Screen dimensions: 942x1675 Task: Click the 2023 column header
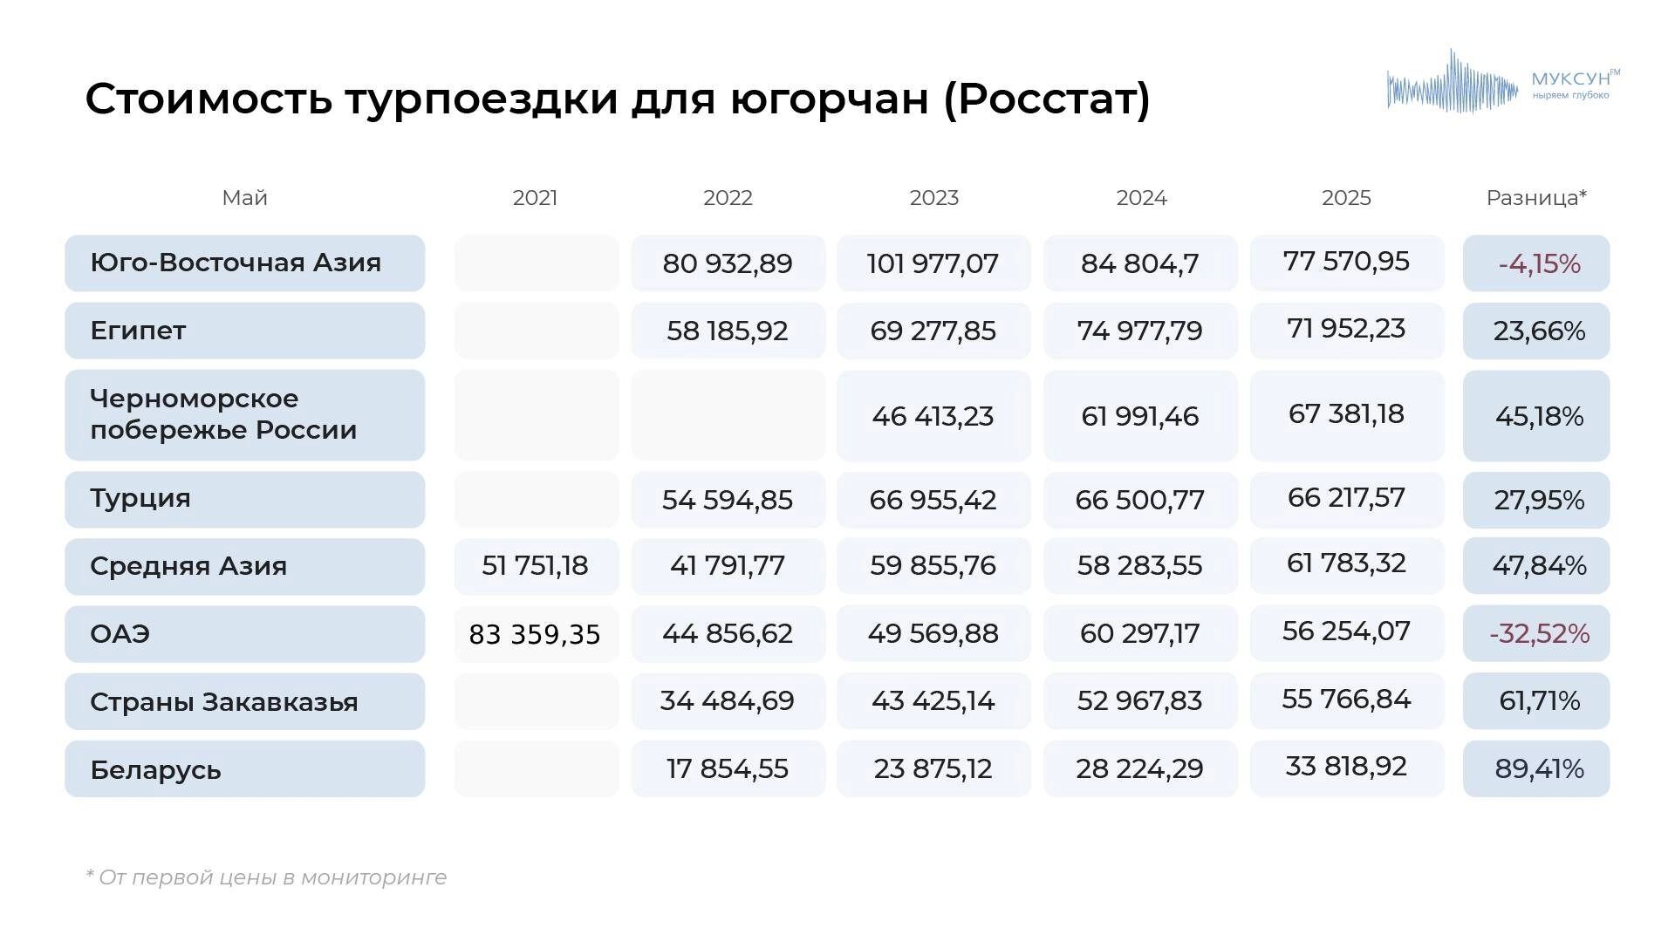[x=933, y=198]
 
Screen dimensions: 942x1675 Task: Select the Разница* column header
[x=1535, y=198]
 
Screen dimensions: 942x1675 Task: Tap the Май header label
[x=244, y=198]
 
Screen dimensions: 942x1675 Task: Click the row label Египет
[x=138, y=331]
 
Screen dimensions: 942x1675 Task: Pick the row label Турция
[x=140, y=499]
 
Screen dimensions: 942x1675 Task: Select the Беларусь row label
[x=155, y=769]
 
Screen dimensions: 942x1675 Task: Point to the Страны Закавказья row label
[x=223, y=701]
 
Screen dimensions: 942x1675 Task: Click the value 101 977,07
[x=933, y=263]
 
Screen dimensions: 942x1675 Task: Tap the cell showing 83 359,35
[x=535, y=634]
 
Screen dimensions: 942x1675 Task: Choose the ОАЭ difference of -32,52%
[x=1539, y=633]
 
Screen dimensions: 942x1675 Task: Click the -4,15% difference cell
[x=1539, y=263]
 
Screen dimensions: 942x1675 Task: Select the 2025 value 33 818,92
[x=1346, y=767]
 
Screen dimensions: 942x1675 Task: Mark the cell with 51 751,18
[x=535, y=565]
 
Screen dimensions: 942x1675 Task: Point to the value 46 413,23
[x=933, y=416]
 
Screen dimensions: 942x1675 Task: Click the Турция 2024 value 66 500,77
[x=1139, y=500]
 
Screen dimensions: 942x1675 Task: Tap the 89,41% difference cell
[x=1539, y=768]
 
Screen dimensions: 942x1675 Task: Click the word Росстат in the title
[x=1047, y=99]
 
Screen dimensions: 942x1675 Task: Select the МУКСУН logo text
[x=1570, y=79]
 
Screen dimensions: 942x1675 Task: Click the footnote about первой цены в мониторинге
[x=267, y=877]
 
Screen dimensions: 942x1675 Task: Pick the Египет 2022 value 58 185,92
[x=727, y=331]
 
